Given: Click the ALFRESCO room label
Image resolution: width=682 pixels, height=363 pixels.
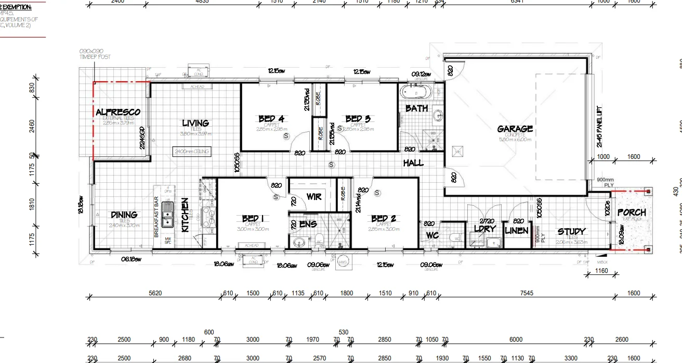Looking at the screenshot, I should click(x=118, y=112).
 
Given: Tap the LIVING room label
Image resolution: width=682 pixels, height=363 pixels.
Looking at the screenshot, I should click(x=195, y=123).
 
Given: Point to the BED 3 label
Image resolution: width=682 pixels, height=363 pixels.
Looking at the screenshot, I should click(x=358, y=119).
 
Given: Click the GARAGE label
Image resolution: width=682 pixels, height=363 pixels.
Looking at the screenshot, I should click(x=515, y=129).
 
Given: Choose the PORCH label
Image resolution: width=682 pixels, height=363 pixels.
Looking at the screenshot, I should click(x=632, y=212).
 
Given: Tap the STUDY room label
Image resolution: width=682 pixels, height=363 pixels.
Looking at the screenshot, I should click(x=571, y=231).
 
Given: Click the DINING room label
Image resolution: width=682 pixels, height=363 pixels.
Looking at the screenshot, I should click(x=124, y=214).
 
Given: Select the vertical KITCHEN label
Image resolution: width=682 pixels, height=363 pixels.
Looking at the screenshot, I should click(x=185, y=214).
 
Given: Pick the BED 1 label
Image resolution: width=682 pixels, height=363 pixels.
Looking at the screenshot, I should click(x=253, y=218).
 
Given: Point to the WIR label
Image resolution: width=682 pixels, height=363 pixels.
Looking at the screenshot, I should click(x=313, y=197).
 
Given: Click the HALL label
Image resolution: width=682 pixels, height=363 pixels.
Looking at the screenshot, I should click(x=413, y=163).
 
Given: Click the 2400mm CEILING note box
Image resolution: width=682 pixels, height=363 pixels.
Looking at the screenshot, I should click(x=192, y=152).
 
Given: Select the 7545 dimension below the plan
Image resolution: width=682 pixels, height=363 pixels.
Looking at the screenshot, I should click(x=526, y=293).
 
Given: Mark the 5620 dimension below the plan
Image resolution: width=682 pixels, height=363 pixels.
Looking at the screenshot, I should click(x=155, y=293).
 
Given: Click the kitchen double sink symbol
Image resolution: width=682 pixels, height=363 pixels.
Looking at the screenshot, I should click(x=168, y=215).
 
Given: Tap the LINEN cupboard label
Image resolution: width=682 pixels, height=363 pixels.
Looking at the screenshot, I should click(x=517, y=230).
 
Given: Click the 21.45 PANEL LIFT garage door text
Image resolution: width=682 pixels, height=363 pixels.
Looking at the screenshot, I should click(x=599, y=127).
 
